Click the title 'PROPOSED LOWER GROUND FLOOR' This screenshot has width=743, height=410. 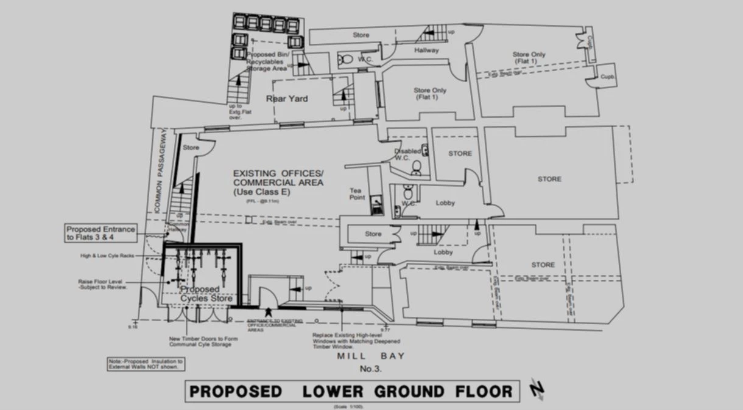pyautogui.click(x=352, y=391)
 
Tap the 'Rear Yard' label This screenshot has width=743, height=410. pyautogui.click(x=287, y=99)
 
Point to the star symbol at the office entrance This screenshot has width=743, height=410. pyautogui.click(x=269, y=312)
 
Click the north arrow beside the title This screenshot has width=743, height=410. pyautogui.click(x=538, y=389)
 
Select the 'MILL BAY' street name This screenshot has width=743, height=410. pyautogui.click(x=370, y=356)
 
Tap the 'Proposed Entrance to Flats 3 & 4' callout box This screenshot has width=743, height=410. pyautogui.click(x=100, y=233)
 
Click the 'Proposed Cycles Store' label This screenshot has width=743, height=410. pyautogui.click(x=207, y=294)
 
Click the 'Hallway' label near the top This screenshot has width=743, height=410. pyautogui.click(x=426, y=50)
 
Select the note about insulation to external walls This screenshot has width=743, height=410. pyautogui.click(x=144, y=364)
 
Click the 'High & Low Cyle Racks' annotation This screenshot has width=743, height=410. pyautogui.click(x=107, y=255)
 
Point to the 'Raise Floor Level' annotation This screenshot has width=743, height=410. pyautogui.click(x=102, y=284)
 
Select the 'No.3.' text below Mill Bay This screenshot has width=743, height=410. pyautogui.click(x=370, y=369)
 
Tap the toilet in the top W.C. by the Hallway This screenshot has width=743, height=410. pyautogui.click(x=347, y=60)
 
